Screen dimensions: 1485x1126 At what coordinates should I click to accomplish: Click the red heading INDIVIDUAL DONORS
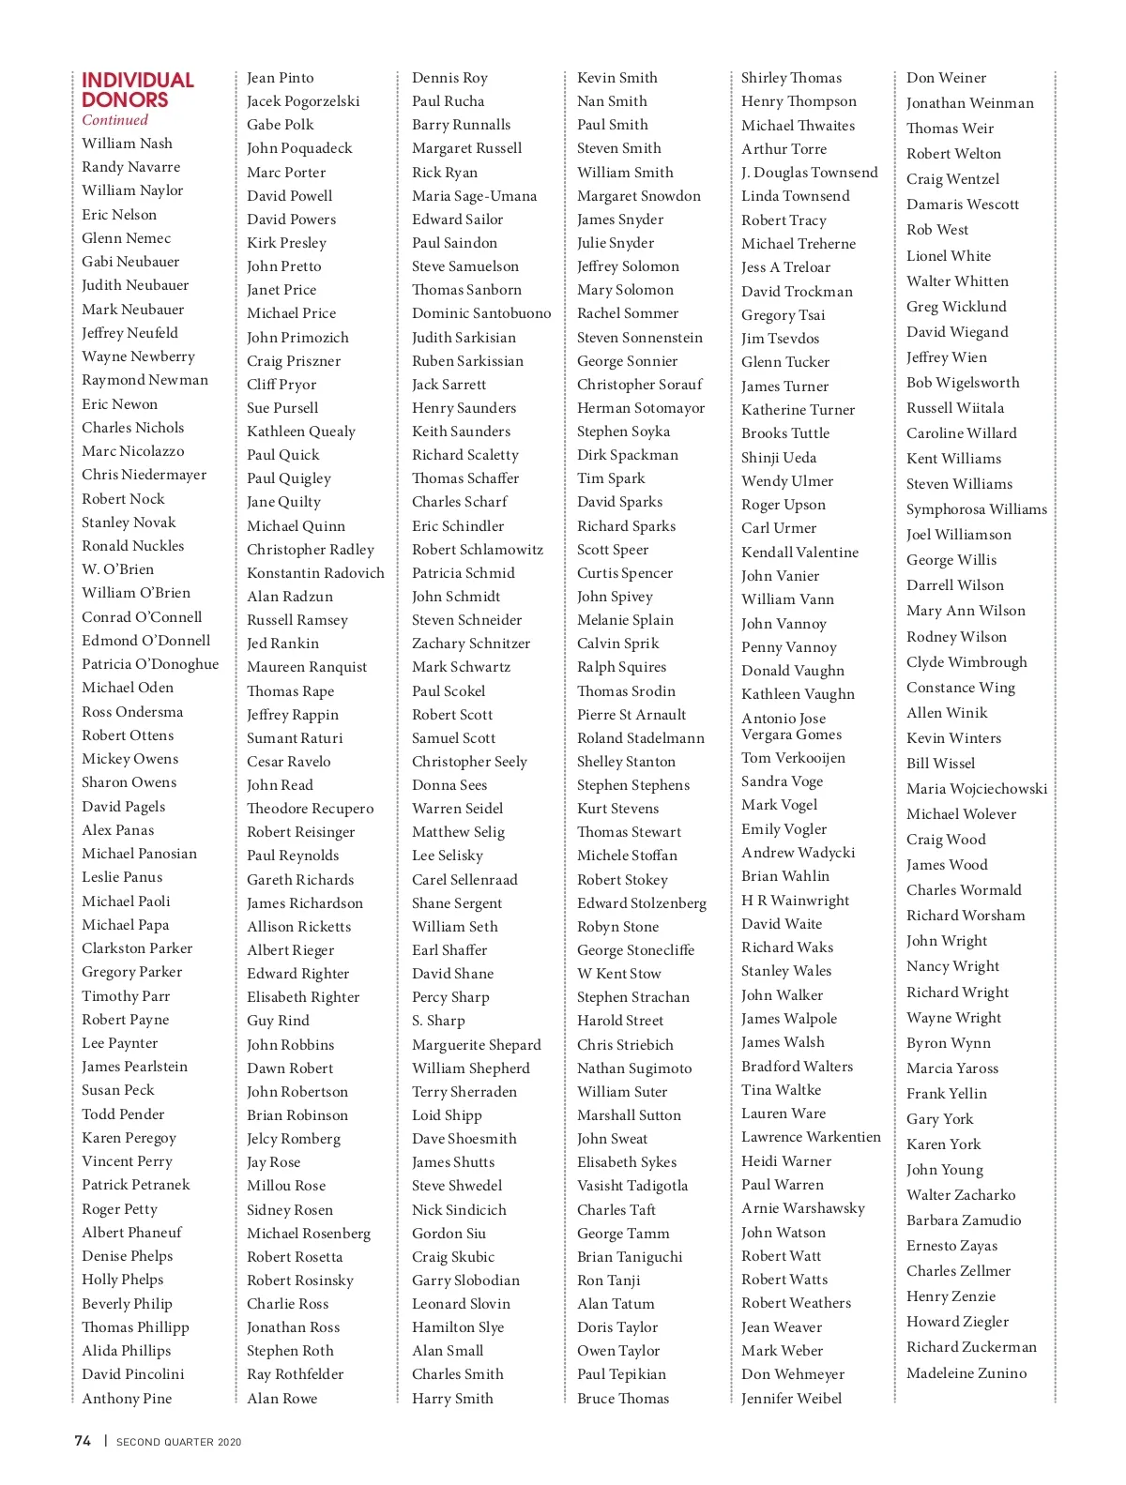(137, 90)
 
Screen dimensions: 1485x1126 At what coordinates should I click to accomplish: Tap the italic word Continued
(114, 120)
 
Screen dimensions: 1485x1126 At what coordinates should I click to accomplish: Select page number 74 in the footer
(83, 1441)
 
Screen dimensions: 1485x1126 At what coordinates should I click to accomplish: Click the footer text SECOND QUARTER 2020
(178, 1442)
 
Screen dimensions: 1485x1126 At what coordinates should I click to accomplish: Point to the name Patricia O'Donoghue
(150, 664)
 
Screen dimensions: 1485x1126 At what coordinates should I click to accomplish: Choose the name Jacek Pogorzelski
(303, 101)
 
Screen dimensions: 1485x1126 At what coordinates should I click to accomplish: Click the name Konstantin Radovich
(315, 573)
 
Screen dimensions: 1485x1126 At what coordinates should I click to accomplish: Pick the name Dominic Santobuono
(481, 313)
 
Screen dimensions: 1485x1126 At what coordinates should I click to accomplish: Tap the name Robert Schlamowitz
(478, 550)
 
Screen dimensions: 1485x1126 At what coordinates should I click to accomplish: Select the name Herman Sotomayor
(641, 408)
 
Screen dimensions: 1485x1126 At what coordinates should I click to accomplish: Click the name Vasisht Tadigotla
(632, 1186)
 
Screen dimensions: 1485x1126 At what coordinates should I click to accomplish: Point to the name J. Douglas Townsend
(810, 173)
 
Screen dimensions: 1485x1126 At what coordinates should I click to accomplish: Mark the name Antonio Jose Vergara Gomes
(791, 726)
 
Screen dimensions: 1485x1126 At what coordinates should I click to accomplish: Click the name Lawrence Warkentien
(811, 1137)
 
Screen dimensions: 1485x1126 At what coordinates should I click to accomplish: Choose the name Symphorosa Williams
(976, 509)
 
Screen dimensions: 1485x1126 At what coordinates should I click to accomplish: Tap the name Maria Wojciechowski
(977, 789)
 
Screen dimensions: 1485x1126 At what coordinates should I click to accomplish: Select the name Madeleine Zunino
(966, 1373)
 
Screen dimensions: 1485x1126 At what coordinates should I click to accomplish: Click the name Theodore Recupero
(310, 809)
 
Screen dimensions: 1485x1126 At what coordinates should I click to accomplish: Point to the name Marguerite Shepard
(477, 1045)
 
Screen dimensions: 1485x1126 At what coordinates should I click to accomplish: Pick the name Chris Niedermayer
(145, 475)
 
